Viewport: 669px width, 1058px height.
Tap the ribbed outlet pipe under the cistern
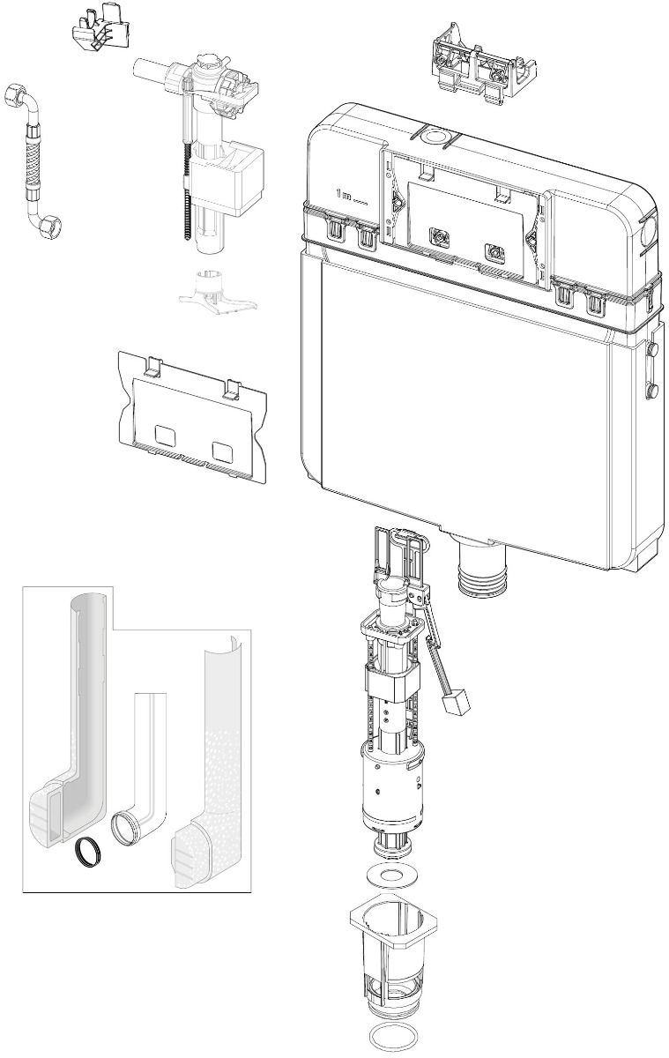tap(481, 577)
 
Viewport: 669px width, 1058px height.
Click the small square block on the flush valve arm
tap(457, 705)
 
